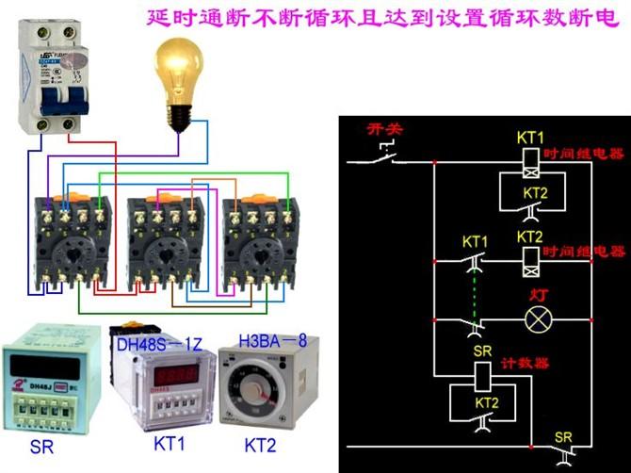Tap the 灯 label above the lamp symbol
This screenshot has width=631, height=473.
(x=539, y=296)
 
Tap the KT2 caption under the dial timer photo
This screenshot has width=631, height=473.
(x=267, y=444)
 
